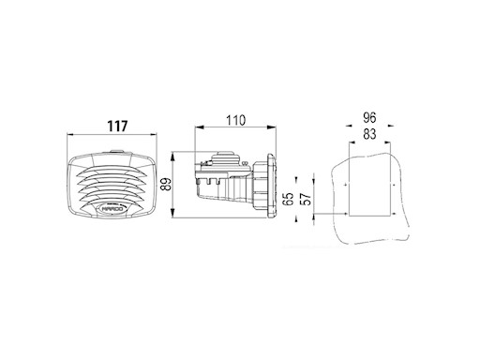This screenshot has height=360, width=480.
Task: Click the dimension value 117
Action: click(x=117, y=127)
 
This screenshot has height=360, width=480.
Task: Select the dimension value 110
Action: click(x=236, y=120)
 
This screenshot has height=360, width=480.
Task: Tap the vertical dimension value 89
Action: click(x=167, y=184)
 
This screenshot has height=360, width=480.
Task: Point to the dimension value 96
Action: click(x=369, y=118)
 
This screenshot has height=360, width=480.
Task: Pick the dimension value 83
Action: click(x=369, y=134)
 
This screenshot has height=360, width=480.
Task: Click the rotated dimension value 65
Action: click(x=289, y=199)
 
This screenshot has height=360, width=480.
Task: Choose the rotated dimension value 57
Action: click(x=306, y=199)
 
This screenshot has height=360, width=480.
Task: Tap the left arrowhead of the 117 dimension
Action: click(x=70, y=134)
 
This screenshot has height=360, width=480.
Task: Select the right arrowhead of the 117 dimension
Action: click(x=153, y=134)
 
